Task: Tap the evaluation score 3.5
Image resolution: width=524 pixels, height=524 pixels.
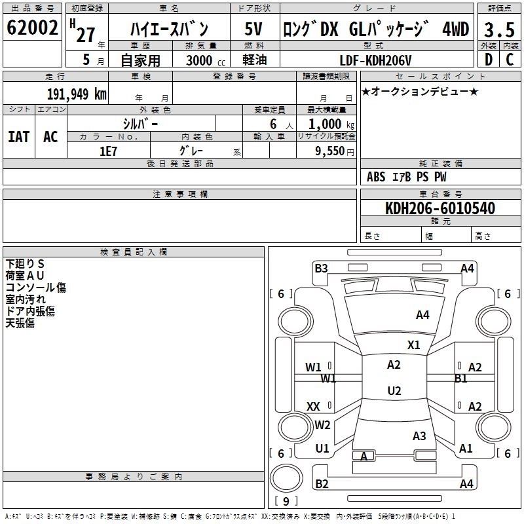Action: pos(498,29)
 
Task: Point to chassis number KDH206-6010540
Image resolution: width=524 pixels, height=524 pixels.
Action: pos(440,209)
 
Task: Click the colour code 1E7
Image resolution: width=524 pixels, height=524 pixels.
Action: pos(108,150)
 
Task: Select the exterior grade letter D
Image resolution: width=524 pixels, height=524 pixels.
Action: pos(488,60)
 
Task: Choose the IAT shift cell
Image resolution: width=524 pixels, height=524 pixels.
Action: pos(19,136)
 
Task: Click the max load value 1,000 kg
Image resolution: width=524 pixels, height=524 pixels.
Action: pos(327,124)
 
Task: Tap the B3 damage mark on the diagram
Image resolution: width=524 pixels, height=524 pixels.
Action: pos(321,268)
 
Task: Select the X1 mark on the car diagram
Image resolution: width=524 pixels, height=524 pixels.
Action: pos(414,345)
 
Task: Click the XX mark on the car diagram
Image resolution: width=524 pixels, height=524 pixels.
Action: pos(313,407)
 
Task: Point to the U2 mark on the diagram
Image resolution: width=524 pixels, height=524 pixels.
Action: pos(394,391)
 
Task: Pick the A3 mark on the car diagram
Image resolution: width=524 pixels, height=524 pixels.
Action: pos(420,436)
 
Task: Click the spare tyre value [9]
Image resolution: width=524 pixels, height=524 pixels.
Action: pos(286,502)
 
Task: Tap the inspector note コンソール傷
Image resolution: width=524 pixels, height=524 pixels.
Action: pos(36,287)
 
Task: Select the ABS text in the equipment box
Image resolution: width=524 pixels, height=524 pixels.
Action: pos(376,177)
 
